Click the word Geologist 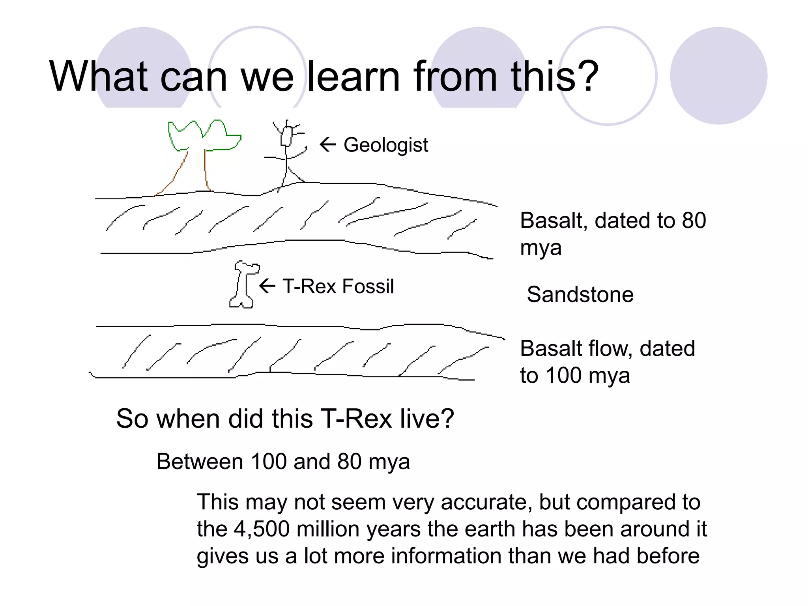[x=385, y=145]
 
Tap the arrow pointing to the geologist [x=327, y=144]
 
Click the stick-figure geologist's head [x=286, y=137]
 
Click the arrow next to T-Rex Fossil [x=267, y=286]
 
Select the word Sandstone [x=580, y=295]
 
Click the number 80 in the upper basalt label [x=694, y=221]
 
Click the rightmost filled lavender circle [x=718, y=76]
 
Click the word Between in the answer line [x=200, y=462]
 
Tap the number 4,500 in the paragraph [x=262, y=529]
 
